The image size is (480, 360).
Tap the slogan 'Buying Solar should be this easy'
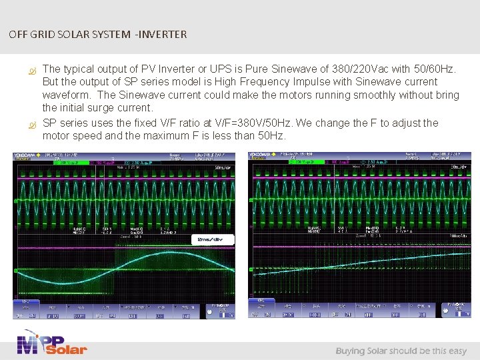(401, 351)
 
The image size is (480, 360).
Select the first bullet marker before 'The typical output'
(30, 70)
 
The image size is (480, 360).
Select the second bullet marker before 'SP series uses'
(30, 124)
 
